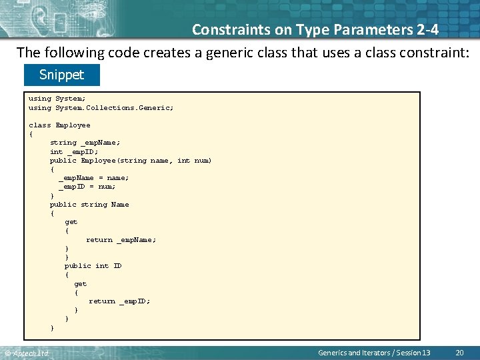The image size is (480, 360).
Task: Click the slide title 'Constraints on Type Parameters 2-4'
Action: (315, 29)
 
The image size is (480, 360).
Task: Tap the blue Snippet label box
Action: (61, 75)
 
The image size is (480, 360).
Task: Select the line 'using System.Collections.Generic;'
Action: (101, 107)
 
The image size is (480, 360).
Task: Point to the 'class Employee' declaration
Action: (59, 125)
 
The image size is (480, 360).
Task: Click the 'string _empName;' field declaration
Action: (85, 143)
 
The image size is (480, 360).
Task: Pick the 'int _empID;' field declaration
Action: (74, 151)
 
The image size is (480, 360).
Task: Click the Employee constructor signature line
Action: (131, 161)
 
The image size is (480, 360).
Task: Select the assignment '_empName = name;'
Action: (94, 178)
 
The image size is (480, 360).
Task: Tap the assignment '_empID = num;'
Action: (87, 187)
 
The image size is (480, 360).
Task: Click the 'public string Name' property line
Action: (89, 205)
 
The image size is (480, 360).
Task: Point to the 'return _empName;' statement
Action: (121, 240)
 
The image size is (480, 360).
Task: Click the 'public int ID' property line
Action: (93, 266)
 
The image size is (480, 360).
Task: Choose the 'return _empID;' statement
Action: (119, 301)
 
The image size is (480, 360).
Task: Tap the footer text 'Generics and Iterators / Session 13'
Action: (374, 352)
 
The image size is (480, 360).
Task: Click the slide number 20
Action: (459, 352)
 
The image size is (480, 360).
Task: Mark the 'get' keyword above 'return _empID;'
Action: (81, 284)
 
